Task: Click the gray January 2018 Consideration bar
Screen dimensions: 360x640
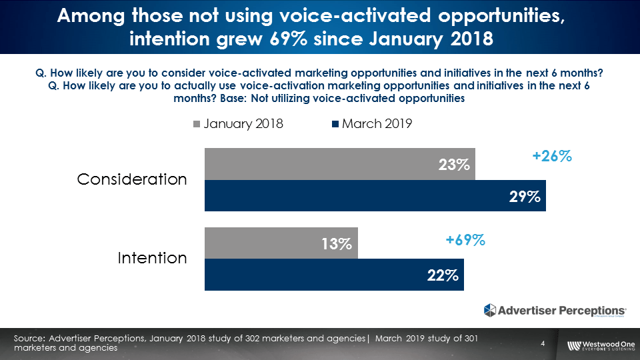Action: (320, 164)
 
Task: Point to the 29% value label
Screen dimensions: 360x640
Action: (525, 197)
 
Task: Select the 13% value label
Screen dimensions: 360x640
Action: (337, 244)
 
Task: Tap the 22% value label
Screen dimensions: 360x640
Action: (443, 275)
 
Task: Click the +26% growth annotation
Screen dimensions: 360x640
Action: (552, 157)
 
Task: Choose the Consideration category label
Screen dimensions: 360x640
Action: (132, 179)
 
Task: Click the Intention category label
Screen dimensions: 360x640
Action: (152, 257)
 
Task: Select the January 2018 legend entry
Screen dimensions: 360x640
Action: (238, 124)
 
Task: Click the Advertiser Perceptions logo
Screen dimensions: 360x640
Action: (555, 310)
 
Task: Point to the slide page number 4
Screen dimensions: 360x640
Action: (543, 344)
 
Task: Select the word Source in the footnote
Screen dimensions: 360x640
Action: (29, 339)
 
